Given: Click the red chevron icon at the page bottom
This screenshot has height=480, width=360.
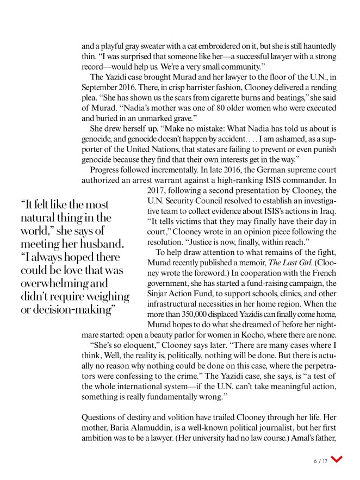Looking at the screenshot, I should pos(337,459).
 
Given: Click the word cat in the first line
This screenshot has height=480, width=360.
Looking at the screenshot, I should pos(203,46).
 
